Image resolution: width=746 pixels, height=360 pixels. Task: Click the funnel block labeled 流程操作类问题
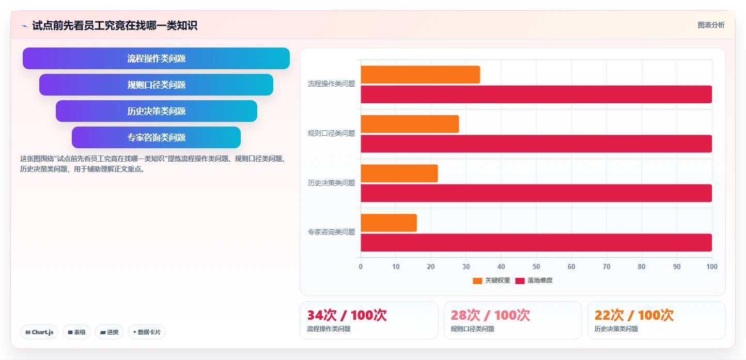click(x=156, y=58)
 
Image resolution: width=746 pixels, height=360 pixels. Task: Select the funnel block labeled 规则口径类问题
click(x=156, y=85)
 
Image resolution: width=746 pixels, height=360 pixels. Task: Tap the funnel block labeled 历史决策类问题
click(x=156, y=111)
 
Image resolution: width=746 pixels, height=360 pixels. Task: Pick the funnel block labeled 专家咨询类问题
click(x=156, y=137)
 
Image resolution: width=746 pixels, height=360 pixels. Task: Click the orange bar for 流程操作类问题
click(x=421, y=74)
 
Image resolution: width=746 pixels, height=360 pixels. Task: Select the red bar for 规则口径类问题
click(x=536, y=144)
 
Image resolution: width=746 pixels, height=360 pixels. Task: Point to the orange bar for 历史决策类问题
click(x=399, y=173)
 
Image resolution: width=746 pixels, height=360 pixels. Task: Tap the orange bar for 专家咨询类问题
click(x=388, y=223)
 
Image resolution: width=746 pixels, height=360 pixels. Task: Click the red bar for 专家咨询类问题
click(x=536, y=242)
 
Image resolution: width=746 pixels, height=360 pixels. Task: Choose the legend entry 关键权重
click(x=491, y=280)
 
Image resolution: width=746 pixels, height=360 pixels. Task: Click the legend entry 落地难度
click(x=534, y=280)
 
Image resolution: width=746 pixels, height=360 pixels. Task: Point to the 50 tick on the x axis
click(x=536, y=267)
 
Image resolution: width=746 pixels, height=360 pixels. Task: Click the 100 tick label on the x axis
click(x=712, y=267)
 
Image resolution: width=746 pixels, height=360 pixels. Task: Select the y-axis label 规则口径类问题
click(x=331, y=133)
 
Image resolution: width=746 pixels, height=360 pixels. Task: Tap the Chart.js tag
click(x=39, y=332)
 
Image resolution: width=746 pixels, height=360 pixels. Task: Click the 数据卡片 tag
click(x=147, y=332)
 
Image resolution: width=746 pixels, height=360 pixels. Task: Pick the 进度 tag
click(x=109, y=332)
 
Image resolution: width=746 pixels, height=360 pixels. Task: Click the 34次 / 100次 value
click(x=347, y=315)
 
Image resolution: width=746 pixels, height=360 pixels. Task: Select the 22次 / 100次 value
click(x=634, y=315)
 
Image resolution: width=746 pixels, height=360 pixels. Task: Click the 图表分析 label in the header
click(x=711, y=25)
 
